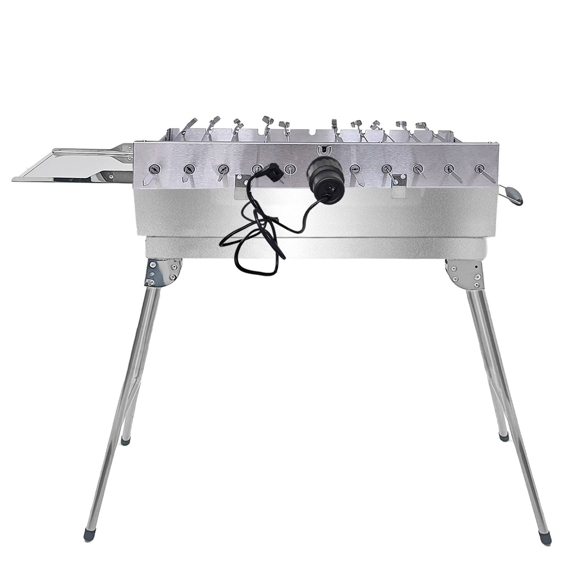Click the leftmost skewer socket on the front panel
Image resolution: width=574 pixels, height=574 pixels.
pos(154,168)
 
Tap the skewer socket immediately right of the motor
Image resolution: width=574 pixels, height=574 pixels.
pos(355,168)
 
